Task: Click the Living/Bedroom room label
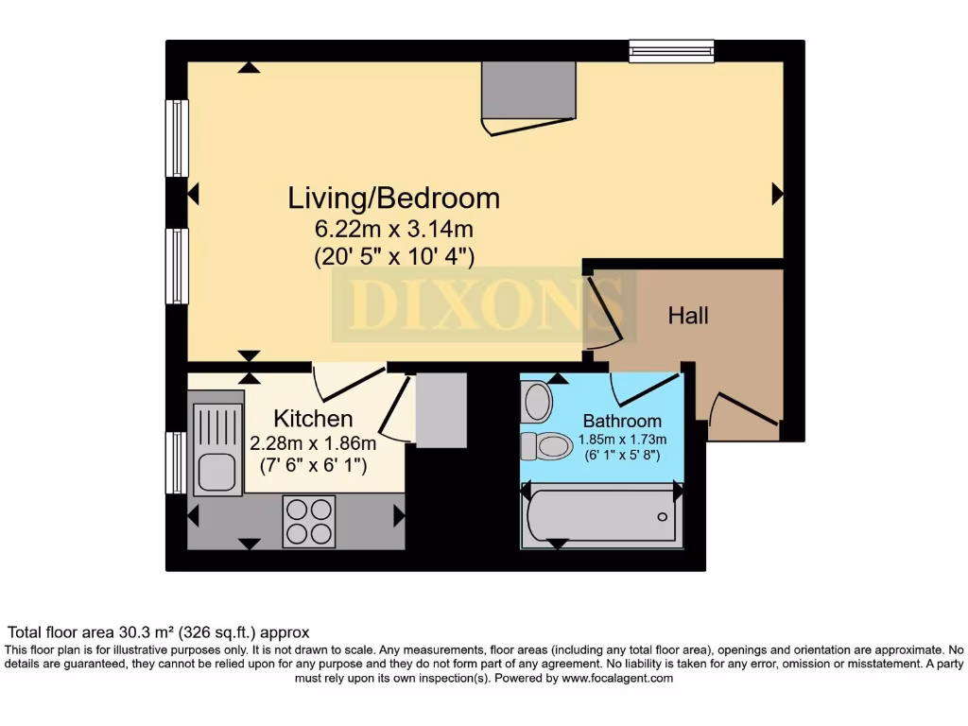point(393,199)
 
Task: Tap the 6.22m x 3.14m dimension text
point(393,229)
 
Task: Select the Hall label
point(687,316)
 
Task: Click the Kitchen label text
point(313,419)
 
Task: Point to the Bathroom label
point(621,421)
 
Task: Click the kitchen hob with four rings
point(309,521)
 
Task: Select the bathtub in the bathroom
point(601,515)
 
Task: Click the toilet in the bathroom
point(546,444)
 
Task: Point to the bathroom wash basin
point(537,402)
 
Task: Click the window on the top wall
point(671,50)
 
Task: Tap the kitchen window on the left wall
point(176,463)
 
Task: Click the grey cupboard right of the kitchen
point(441,409)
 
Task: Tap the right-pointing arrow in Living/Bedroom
point(777,194)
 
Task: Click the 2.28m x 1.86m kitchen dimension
point(313,442)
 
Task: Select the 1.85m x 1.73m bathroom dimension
point(621,440)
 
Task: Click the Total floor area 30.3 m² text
point(159,632)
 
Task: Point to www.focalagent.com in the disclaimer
point(616,678)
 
